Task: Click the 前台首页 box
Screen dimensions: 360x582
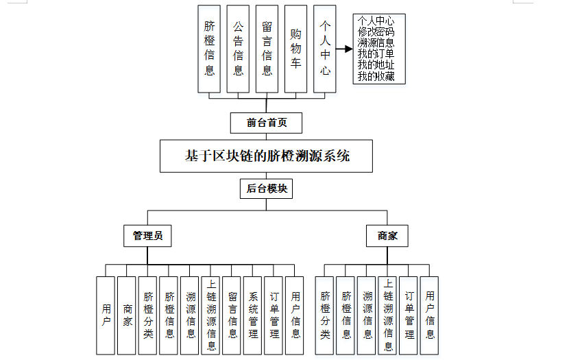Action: (266, 123)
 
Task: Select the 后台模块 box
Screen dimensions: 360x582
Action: (266, 189)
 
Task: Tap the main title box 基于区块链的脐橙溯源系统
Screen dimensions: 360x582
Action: (267, 156)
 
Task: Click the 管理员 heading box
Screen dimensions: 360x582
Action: (147, 236)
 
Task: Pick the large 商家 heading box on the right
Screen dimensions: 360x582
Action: (387, 236)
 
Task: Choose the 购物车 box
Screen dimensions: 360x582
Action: (295, 49)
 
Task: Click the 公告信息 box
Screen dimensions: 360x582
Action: (238, 49)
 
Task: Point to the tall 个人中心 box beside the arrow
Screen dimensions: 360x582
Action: (325, 49)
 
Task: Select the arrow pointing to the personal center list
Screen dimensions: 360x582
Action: (345, 49)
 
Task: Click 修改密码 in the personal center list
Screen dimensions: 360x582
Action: (376, 32)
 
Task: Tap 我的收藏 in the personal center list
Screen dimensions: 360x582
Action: (376, 76)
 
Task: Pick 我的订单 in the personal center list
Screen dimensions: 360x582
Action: (376, 54)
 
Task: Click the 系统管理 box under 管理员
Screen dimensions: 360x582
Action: (253, 315)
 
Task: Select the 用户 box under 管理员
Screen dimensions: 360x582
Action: (106, 315)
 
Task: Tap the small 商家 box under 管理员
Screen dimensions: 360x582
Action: (127, 315)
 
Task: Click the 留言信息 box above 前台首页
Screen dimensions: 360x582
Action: (267, 49)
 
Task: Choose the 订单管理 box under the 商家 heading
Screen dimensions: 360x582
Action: (409, 315)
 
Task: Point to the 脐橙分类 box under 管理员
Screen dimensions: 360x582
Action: (148, 315)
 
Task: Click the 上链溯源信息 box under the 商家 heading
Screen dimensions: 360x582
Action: (388, 315)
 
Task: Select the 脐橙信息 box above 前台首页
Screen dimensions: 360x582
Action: (209, 49)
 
